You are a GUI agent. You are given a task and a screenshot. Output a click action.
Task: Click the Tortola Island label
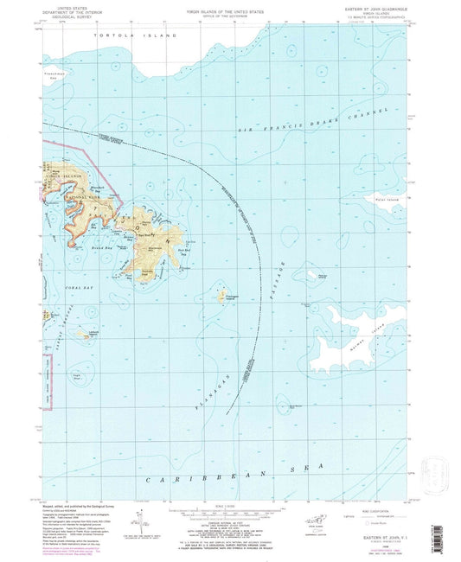coord(139,35)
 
